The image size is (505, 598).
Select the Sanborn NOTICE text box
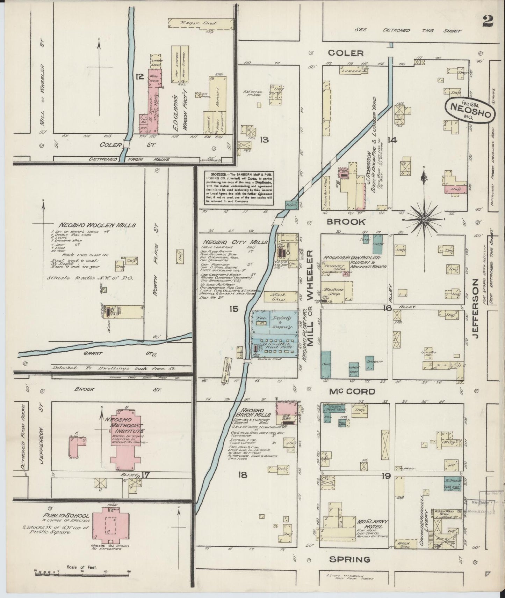tap(239, 187)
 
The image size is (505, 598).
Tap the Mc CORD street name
tap(352, 391)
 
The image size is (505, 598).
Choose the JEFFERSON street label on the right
tap(477, 309)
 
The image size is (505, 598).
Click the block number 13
tap(264, 140)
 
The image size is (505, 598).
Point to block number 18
tap(242, 475)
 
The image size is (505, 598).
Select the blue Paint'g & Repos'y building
tap(275, 322)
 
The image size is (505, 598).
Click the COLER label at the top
tap(346, 53)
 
